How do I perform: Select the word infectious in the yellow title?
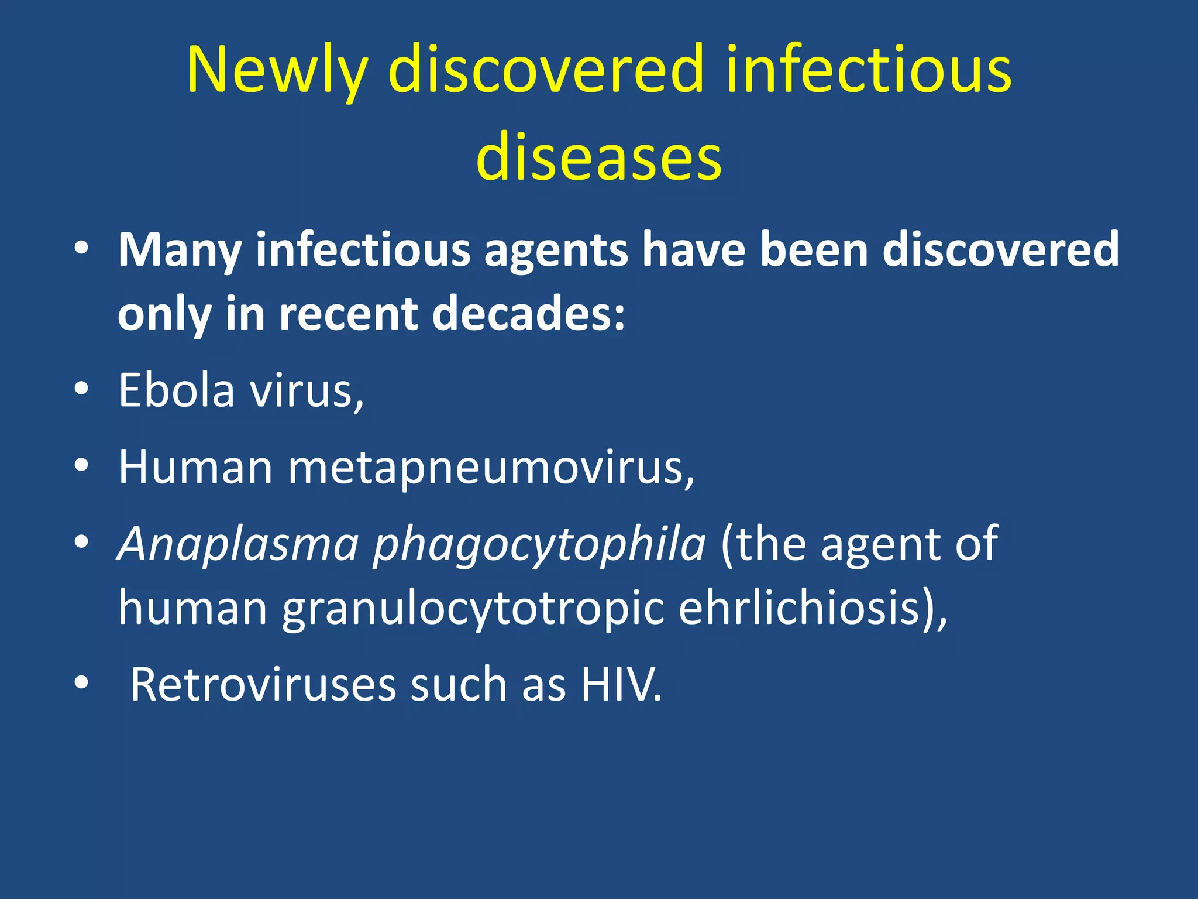point(869,70)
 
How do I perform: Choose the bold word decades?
point(529,314)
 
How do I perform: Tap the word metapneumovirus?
point(491,468)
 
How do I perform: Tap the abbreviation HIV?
point(621,685)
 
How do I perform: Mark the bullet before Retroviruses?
point(81,682)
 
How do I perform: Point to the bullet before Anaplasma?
point(81,541)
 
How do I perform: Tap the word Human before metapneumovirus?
point(195,468)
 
